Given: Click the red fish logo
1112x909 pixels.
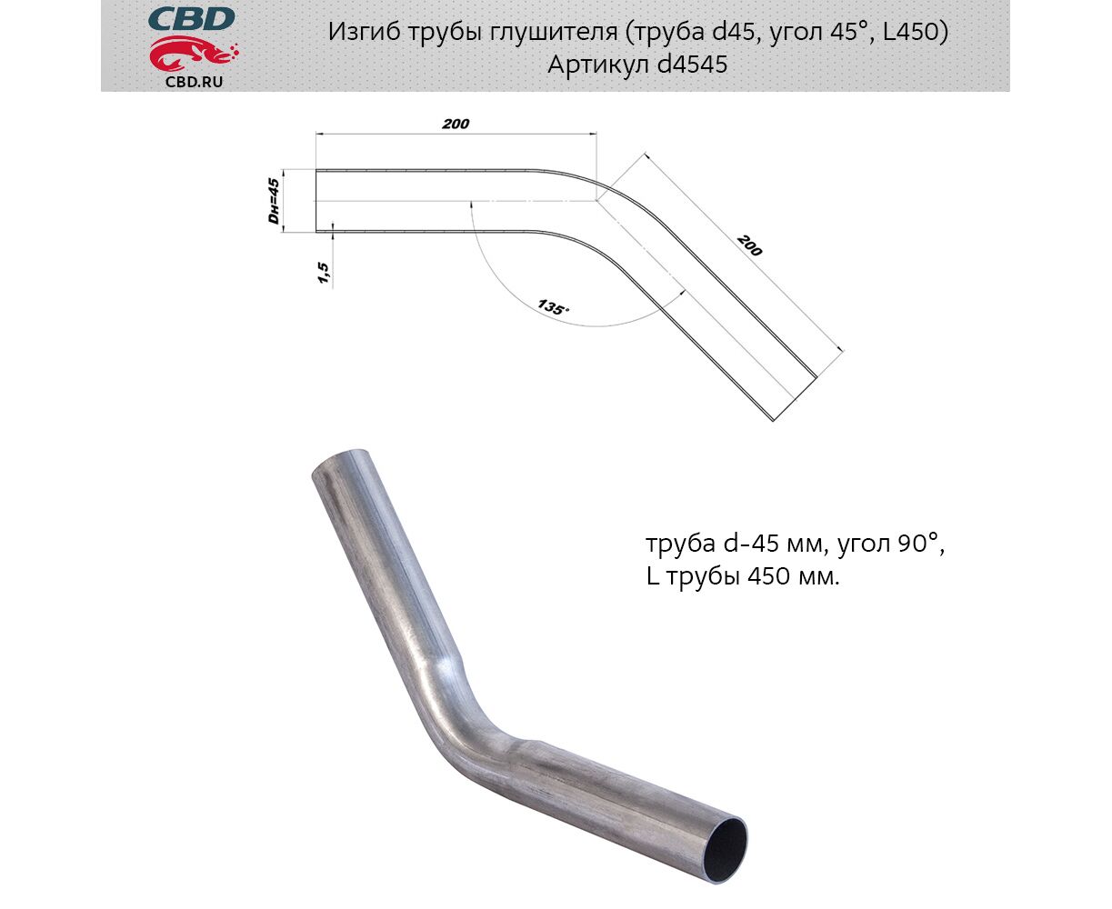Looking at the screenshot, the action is [x=193, y=54].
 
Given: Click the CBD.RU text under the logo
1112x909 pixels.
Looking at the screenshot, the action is [x=194, y=82].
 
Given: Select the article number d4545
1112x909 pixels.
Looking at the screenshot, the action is [x=692, y=65].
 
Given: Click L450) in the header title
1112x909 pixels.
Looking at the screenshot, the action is [x=916, y=32].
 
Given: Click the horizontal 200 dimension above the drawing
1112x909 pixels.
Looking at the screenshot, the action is [x=456, y=124].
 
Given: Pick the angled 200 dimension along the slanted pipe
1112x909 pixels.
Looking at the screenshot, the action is [x=749, y=245].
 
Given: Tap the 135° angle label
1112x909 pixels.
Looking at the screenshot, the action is [x=553, y=307].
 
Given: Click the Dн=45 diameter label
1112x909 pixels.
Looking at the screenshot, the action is [x=273, y=201].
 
